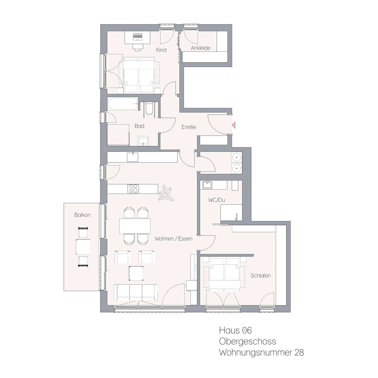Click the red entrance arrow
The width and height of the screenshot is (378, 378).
click(234, 125)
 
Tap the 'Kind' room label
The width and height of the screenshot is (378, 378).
click(161, 50)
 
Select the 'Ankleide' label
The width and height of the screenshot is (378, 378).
click(201, 48)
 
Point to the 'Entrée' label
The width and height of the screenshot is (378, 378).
click(188, 127)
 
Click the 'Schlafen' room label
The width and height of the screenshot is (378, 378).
click(260, 276)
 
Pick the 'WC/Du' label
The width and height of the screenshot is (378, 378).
click(216, 200)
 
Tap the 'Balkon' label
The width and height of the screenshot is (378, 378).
click(82, 215)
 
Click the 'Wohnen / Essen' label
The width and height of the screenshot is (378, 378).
click(174, 239)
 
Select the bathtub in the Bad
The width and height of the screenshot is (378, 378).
click(123, 104)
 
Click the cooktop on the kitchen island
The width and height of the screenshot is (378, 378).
click(133, 188)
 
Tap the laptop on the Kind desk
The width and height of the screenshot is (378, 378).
click(138, 37)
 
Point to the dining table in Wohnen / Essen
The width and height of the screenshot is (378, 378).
click(135, 226)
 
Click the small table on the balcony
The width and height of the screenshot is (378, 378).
click(83, 247)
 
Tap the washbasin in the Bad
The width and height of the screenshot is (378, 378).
click(143, 141)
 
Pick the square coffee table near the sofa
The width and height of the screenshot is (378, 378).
click(136, 273)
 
